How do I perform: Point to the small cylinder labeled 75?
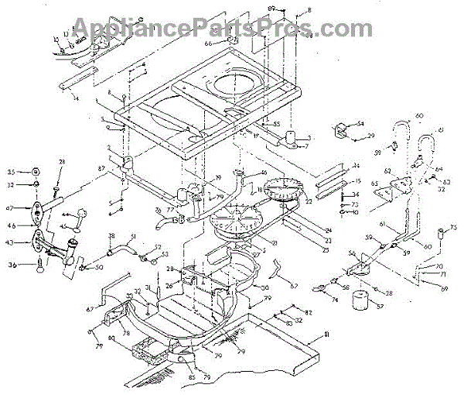click(x=441, y=233)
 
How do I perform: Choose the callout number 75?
click(x=453, y=228)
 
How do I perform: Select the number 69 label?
click(x=443, y=288)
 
